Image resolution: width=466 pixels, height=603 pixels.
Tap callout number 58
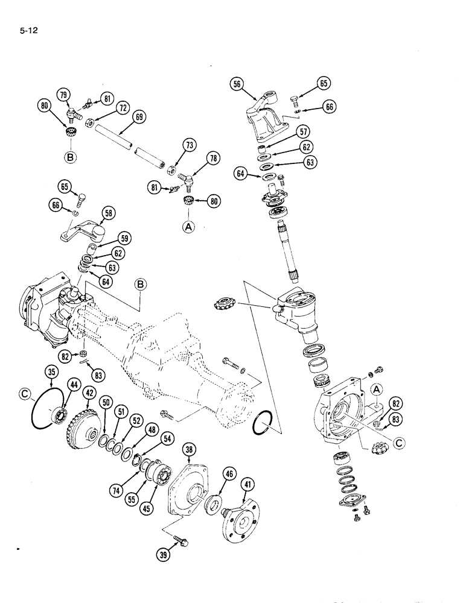coord(109,212)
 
